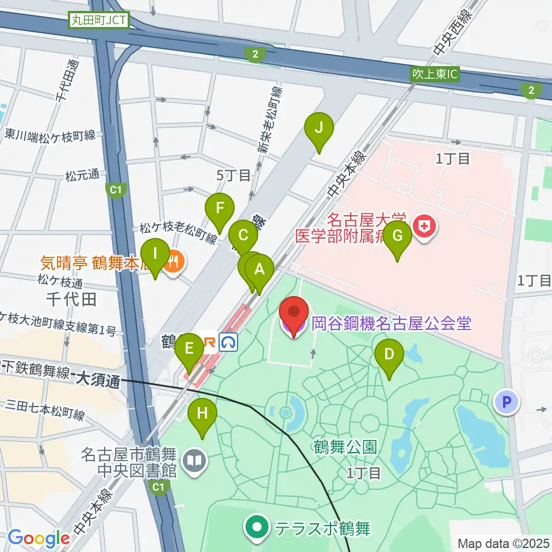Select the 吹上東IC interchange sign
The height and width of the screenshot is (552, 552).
435,74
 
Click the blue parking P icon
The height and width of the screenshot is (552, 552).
507,402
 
